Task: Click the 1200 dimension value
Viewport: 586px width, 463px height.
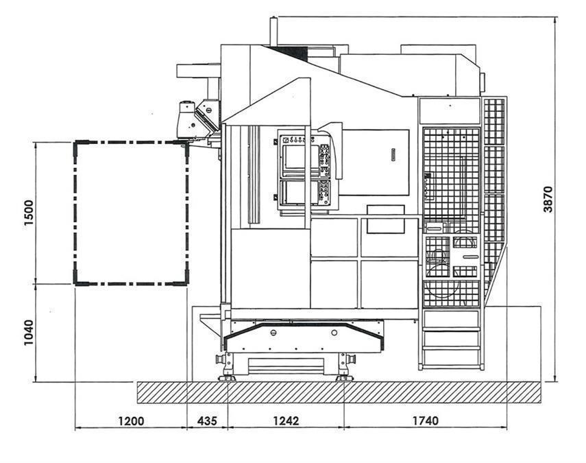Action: coord(131,421)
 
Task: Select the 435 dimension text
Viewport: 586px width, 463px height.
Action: coord(207,421)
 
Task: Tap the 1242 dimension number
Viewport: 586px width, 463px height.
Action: coord(286,421)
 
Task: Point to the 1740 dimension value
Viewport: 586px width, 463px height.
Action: coord(426,421)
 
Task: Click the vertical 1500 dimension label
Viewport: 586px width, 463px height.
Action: coord(29,213)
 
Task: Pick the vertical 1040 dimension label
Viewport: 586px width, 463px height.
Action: coord(29,333)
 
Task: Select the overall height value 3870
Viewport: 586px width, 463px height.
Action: coord(548,200)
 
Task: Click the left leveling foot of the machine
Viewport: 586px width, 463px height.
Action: coord(228,378)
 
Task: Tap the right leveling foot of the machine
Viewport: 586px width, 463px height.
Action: coord(344,378)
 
